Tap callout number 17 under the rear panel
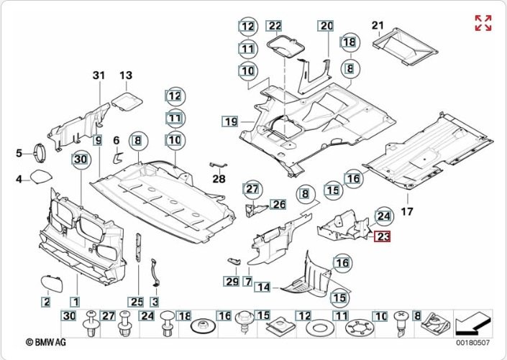408,211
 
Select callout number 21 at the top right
378,27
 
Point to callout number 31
99,75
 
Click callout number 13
126,75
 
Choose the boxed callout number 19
229,121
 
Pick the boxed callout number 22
275,26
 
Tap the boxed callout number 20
327,26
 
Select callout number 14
264,287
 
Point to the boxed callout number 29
231,280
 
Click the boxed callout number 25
135,301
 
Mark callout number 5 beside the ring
20,152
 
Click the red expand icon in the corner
483,22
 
